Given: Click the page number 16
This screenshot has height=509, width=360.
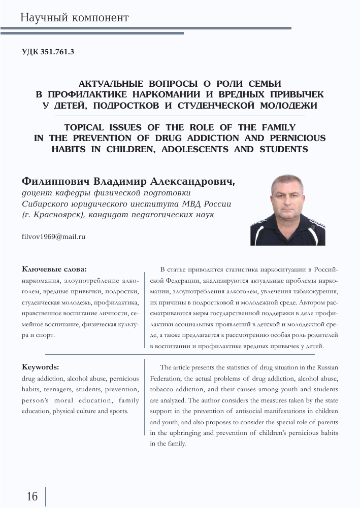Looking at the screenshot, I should coord(32,496).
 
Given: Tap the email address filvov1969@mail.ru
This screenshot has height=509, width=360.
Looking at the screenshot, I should coord(53,236).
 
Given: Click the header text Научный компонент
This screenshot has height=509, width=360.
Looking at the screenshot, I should coord(74,18).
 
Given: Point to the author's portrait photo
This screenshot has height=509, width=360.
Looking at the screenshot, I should coord(288,210).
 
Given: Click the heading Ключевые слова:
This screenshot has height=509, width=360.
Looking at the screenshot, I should coord(54,269).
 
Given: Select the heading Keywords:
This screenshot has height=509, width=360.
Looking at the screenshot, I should coord(41,366).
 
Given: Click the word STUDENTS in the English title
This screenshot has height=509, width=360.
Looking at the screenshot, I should coord(284,150).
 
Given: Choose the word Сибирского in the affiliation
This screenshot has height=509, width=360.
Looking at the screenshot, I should coord(46,204).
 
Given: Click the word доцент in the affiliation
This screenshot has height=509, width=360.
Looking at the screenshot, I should coord(35,193).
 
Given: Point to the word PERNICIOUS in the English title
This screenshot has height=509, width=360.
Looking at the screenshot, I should coord(296,139).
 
